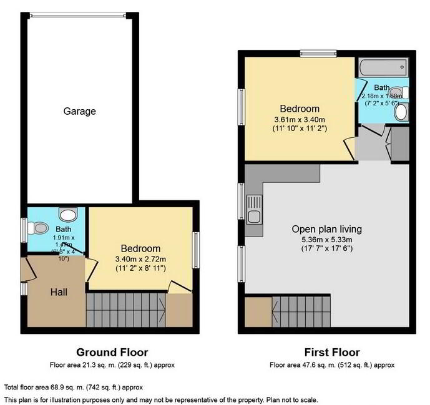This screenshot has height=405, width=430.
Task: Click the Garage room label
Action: (x=80, y=111)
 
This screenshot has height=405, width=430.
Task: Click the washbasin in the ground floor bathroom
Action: (x=70, y=213)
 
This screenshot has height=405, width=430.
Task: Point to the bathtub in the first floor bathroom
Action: (x=383, y=66)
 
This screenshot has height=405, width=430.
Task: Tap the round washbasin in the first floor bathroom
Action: (x=403, y=112)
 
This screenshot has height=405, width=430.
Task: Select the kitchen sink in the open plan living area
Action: (x=254, y=210)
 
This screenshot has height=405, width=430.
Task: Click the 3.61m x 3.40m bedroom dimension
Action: (x=300, y=119)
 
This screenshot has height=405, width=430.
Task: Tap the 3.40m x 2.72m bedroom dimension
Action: (x=140, y=259)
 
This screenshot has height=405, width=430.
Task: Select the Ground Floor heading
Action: (x=112, y=353)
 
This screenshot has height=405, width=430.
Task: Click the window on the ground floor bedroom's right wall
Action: (x=195, y=250)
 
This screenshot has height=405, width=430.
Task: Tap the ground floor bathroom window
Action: (x=22, y=229)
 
